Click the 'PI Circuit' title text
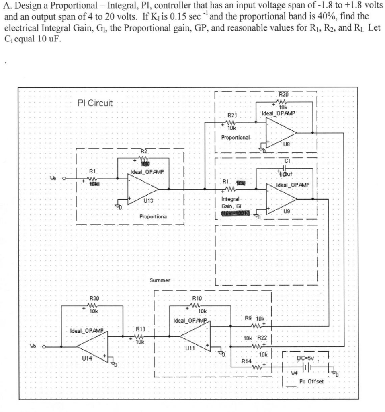coord(95,103)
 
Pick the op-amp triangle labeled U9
coord(280,199)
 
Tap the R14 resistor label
coord(246,361)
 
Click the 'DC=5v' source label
coord(307,358)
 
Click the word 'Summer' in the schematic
coord(160,280)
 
